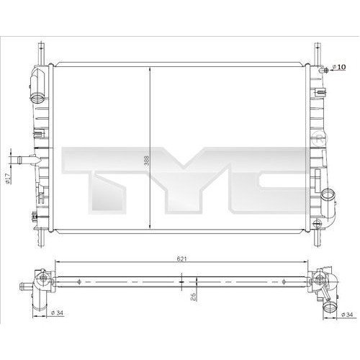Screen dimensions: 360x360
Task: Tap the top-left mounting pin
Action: (x=40, y=54)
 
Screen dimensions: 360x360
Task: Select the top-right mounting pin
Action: (x=315, y=54)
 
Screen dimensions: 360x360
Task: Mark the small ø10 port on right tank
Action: (x=325, y=69)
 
